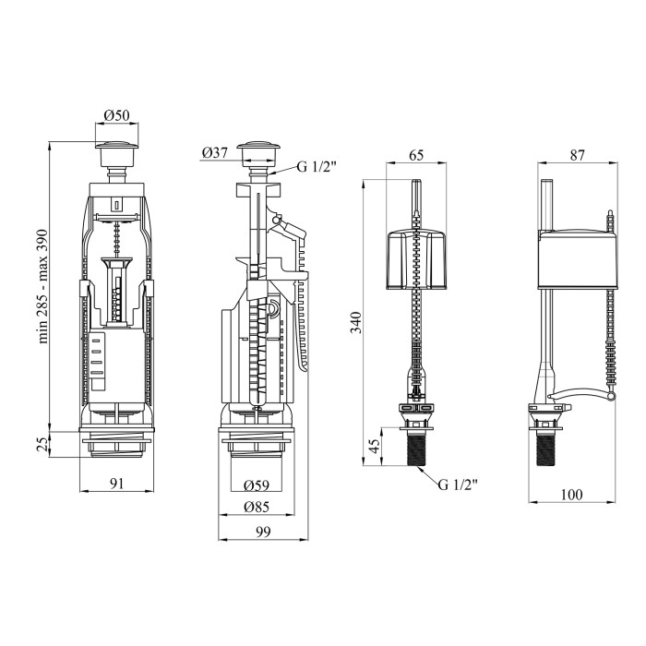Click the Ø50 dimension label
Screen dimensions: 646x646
(x=116, y=115)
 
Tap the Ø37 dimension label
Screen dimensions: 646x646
(x=215, y=152)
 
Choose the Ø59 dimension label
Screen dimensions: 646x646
(x=256, y=485)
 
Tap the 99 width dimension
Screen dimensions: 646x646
(x=262, y=532)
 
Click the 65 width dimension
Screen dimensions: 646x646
(x=415, y=155)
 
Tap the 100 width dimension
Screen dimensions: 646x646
(x=572, y=495)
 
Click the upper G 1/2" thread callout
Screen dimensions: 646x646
(x=317, y=167)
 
